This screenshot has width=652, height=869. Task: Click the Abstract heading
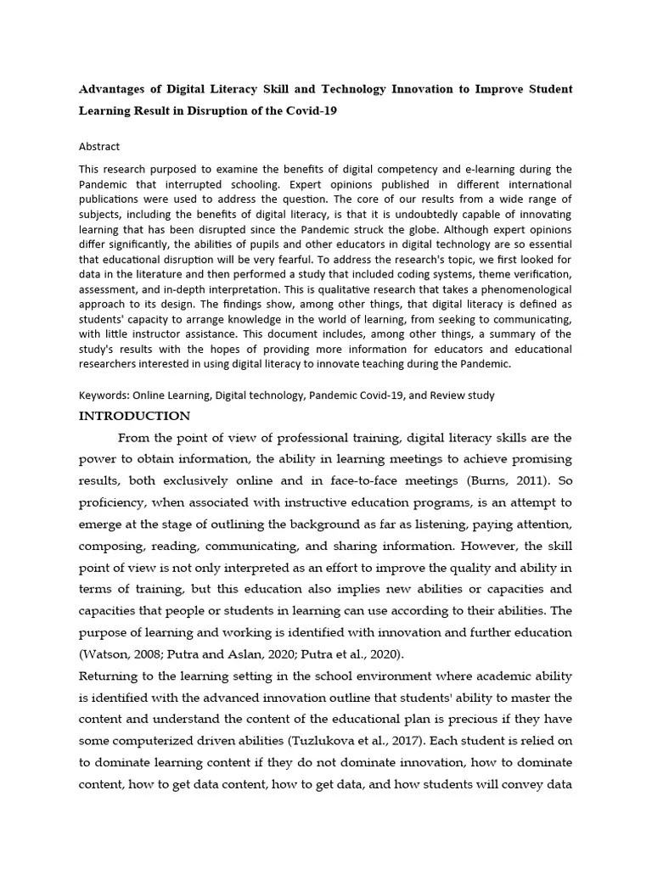pos(99,146)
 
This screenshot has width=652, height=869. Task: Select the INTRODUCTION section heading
pos(134,416)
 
